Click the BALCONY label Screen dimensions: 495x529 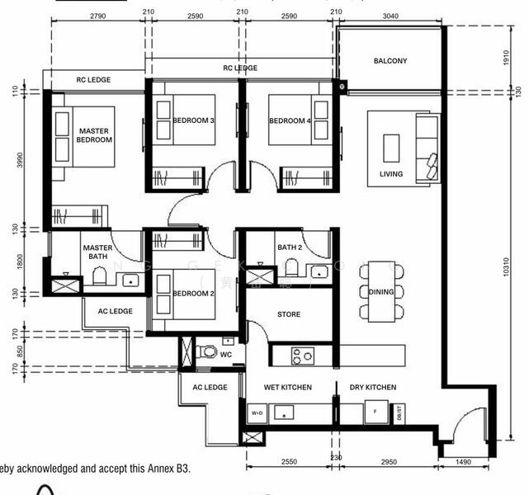390,61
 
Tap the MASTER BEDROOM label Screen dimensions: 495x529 95,135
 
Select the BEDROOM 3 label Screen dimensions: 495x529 194,121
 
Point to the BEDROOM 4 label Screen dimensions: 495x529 290,121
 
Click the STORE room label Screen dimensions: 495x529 289,314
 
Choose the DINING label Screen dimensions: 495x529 381,292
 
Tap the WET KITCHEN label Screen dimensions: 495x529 288,387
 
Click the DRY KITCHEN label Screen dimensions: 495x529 372,387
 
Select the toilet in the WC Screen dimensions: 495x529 210,352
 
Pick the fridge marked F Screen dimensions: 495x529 375,412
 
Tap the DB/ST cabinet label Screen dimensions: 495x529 399,412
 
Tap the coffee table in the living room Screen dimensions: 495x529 390,147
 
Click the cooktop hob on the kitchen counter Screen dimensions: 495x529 303,356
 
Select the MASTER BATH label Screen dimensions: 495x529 97,252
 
